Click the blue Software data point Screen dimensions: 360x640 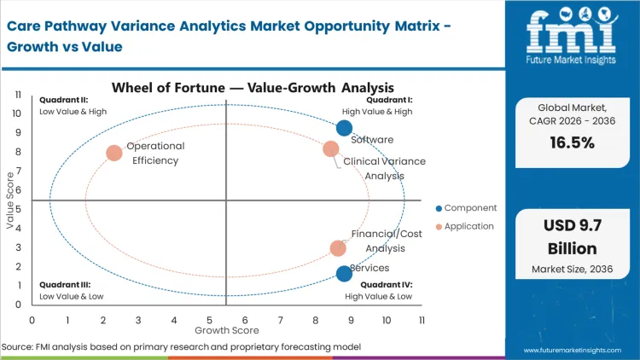(x=344, y=128)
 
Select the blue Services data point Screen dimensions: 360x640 (x=344, y=274)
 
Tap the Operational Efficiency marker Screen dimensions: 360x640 (x=113, y=154)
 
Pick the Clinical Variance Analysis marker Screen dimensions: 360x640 (x=331, y=149)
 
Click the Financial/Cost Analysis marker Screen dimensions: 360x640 (x=338, y=248)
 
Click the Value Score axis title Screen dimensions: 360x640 (x=10, y=199)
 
